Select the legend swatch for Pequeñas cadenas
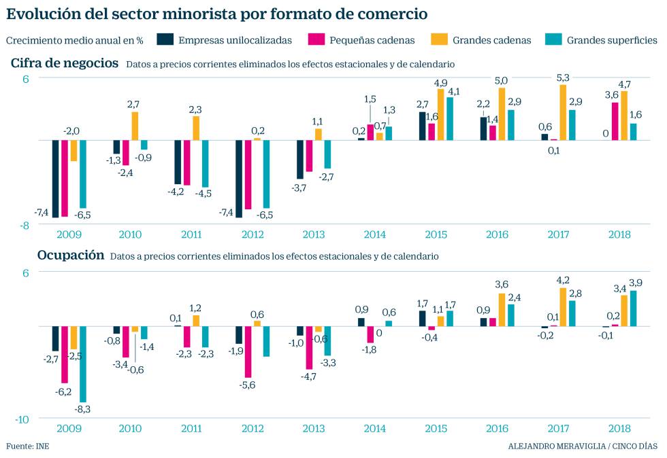(316, 39)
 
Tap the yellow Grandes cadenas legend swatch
(436, 39)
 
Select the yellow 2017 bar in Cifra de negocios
(563, 112)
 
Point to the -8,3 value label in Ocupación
(83, 409)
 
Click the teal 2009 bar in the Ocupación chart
(83, 364)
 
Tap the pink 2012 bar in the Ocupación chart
(248, 352)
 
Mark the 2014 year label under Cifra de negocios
(374, 235)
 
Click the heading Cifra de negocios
(64, 63)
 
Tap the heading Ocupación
(57, 256)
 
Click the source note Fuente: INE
(28, 446)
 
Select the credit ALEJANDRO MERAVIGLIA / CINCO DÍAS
(583, 446)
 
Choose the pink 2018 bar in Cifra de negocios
(615, 121)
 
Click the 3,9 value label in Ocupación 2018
(634, 283)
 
